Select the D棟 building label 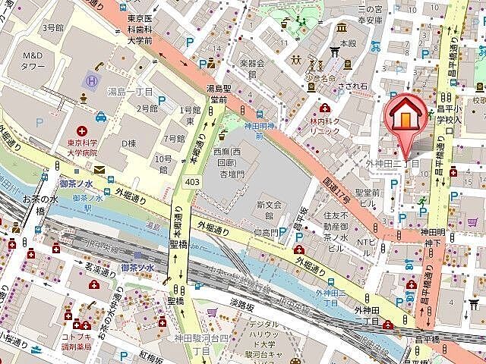pyautogui.click(x=130, y=144)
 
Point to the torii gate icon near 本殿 pyautogui.click(x=335, y=52)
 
